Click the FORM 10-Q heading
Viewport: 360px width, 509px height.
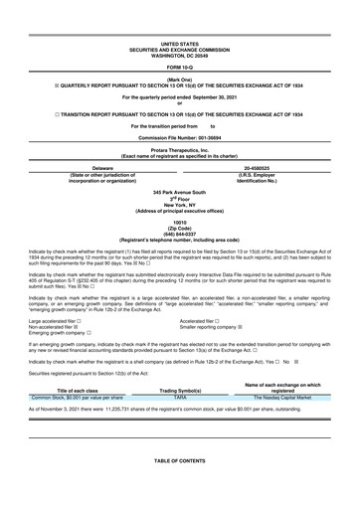179,67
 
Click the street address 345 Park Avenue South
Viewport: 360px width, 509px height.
179,191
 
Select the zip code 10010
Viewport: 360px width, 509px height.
179,223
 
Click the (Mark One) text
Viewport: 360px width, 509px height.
179,79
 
